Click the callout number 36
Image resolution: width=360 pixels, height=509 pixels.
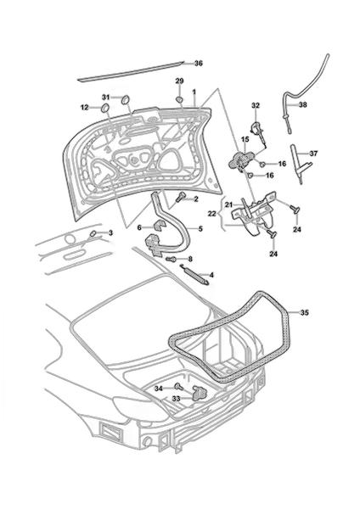(x=198, y=64)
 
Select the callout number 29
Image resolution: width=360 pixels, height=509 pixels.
(x=180, y=81)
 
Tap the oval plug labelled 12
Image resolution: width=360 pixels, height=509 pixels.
(x=105, y=108)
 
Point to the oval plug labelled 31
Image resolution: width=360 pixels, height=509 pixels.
(x=125, y=99)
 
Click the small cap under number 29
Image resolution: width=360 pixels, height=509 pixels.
(x=180, y=99)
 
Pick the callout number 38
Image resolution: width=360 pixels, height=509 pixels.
(x=303, y=105)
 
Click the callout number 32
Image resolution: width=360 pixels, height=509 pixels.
(x=256, y=105)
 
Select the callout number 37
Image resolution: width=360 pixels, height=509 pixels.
(x=314, y=154)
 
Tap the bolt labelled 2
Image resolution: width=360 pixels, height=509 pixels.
(x=180, y=198)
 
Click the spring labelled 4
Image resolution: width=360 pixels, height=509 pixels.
(x=194, y=275)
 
